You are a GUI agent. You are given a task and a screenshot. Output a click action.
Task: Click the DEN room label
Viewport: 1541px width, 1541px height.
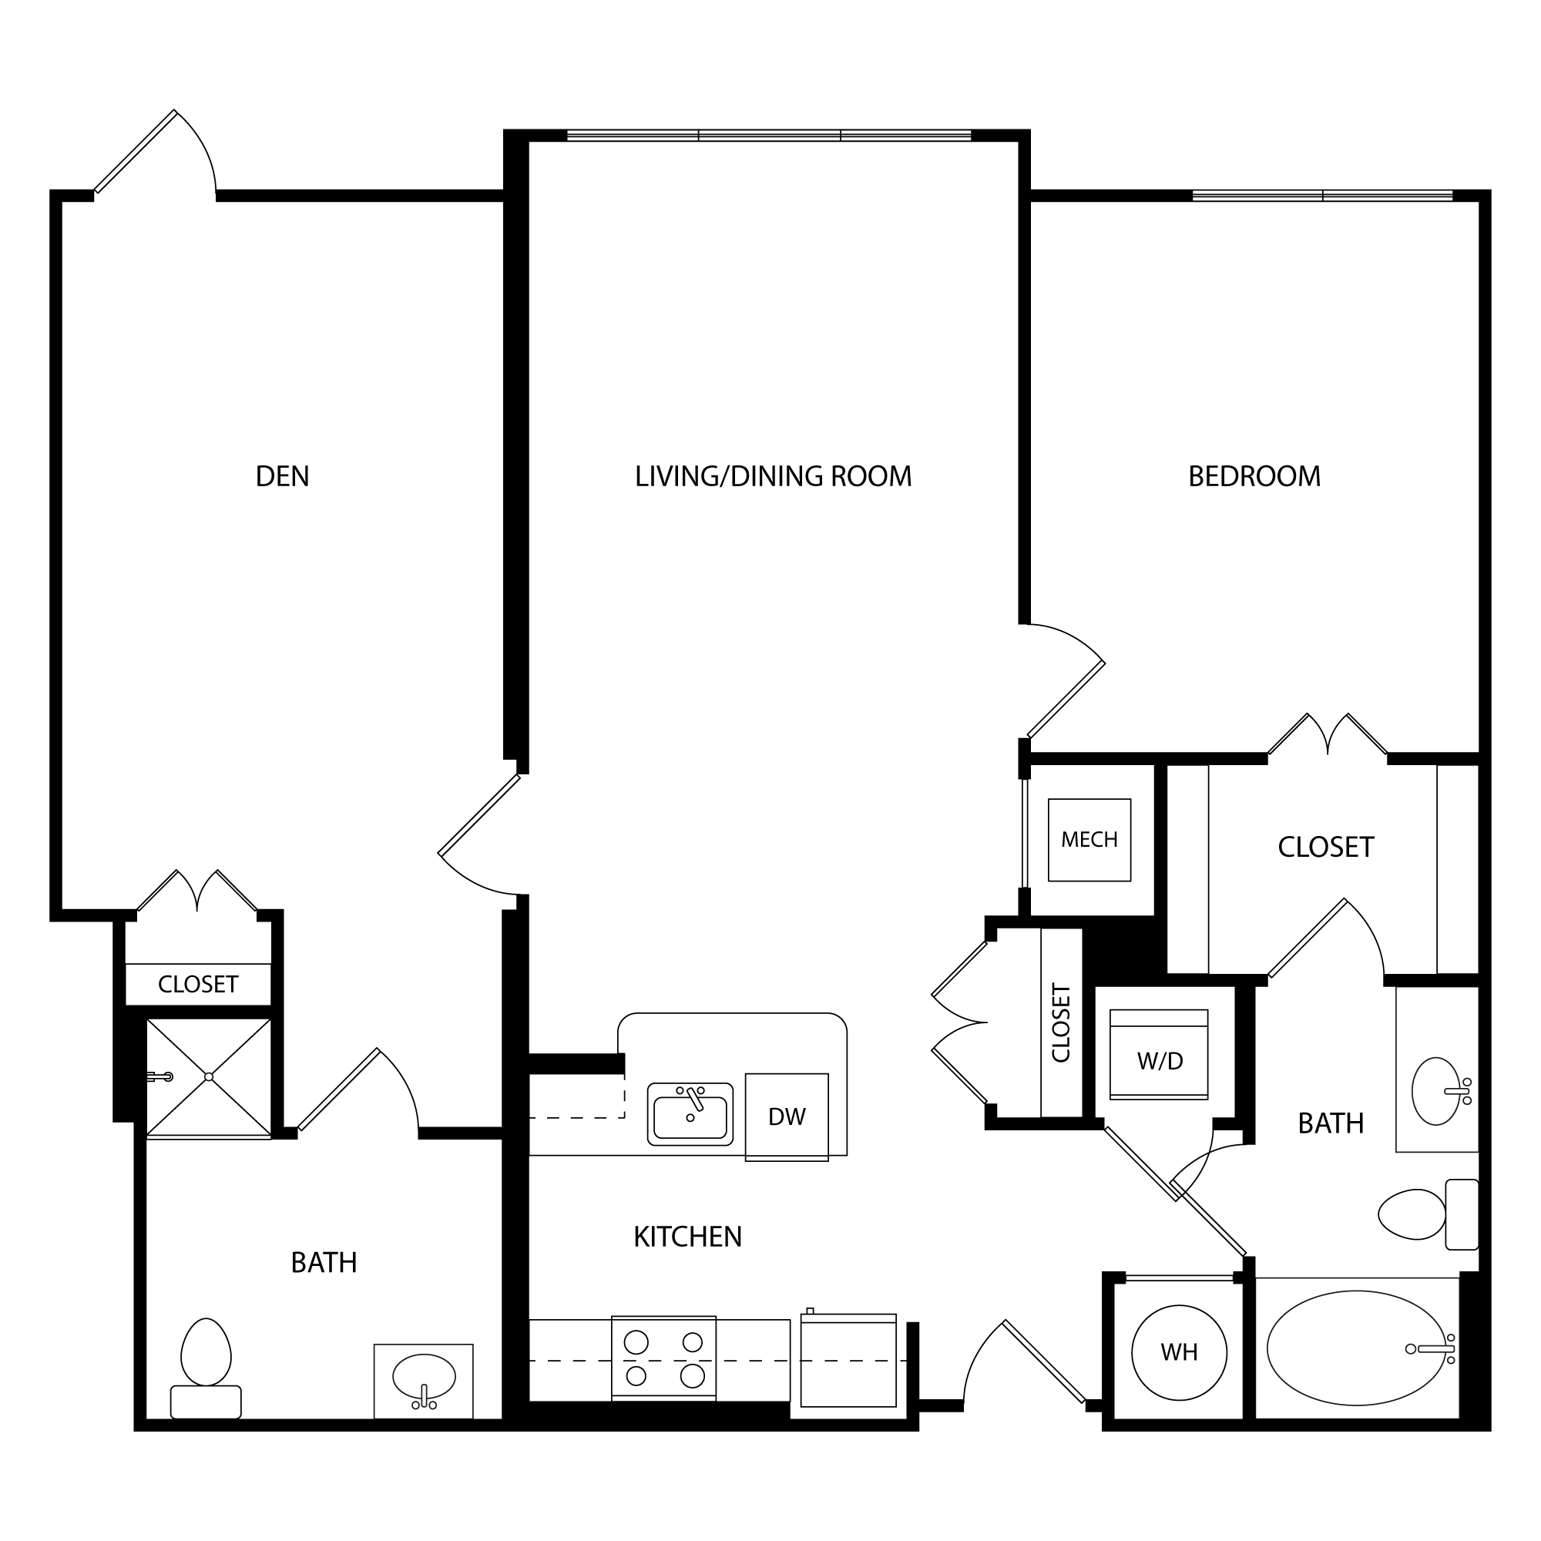[282, 476]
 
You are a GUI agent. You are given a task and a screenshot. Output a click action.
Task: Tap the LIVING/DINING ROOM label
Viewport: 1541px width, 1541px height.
[773, 476]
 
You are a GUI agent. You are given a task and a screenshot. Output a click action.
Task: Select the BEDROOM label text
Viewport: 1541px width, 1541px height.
[1254, 476]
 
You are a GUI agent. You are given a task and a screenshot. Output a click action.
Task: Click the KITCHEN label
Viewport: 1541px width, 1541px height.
[687, 1237]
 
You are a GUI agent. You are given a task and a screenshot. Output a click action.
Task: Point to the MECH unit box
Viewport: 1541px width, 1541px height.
[1089, 840]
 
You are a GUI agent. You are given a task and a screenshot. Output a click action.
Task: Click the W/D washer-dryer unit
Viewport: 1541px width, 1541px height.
[1159, 1055]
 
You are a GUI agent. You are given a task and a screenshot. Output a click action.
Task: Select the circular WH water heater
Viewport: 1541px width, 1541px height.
[1179, 1352]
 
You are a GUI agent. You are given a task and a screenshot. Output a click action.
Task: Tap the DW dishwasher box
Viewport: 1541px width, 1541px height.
[787, 1116]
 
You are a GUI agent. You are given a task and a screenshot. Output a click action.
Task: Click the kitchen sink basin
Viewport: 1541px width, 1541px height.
[690, 1114]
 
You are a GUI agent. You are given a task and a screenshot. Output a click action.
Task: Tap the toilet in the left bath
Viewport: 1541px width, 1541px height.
[206, 1368]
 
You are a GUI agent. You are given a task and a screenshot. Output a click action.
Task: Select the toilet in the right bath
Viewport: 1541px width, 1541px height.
[1429, 1214]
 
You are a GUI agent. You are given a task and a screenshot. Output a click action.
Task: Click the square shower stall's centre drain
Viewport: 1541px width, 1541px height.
[209, 1077]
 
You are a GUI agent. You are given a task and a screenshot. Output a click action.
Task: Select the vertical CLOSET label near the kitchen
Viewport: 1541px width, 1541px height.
[1061, 1023]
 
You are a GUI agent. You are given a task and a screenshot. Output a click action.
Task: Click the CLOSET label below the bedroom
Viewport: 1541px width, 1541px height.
[1325, 847]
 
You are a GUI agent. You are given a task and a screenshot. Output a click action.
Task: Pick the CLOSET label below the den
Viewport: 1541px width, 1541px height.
[198, 984]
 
